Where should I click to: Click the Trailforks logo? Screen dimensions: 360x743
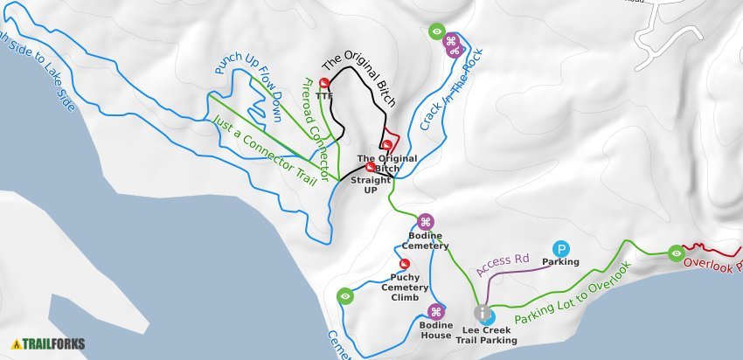(49, 344)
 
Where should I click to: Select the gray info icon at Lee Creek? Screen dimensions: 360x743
(482, 312)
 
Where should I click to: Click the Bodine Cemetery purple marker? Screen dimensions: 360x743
(425, 221)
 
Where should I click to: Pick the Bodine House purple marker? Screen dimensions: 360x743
(436, 311)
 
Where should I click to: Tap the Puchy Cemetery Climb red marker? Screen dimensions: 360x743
(405, 264)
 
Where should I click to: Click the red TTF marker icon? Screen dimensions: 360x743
(324, 83)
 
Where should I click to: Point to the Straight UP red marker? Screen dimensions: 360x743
(370, 167)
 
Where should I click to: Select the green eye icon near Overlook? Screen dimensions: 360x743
(676, 253)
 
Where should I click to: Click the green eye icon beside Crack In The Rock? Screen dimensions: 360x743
(436, 31)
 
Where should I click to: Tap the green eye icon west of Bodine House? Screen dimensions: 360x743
(345, 296)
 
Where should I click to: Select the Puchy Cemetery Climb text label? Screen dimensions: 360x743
(404, 287)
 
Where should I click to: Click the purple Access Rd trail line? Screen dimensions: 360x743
(524, 268)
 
